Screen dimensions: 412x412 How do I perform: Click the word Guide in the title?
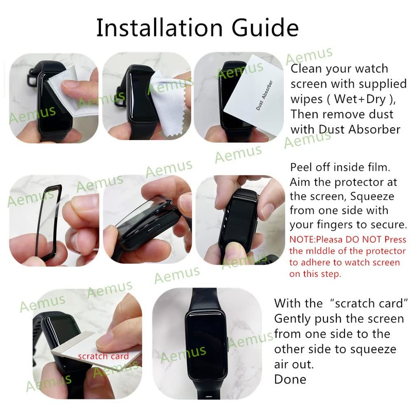(268, 28)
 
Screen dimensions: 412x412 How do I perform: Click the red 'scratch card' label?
(104, 356)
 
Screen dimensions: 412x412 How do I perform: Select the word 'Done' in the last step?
(290, 380)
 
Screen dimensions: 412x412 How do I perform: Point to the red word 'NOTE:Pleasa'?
(315, 239)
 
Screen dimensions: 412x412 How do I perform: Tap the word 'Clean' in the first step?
(307, 68)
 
